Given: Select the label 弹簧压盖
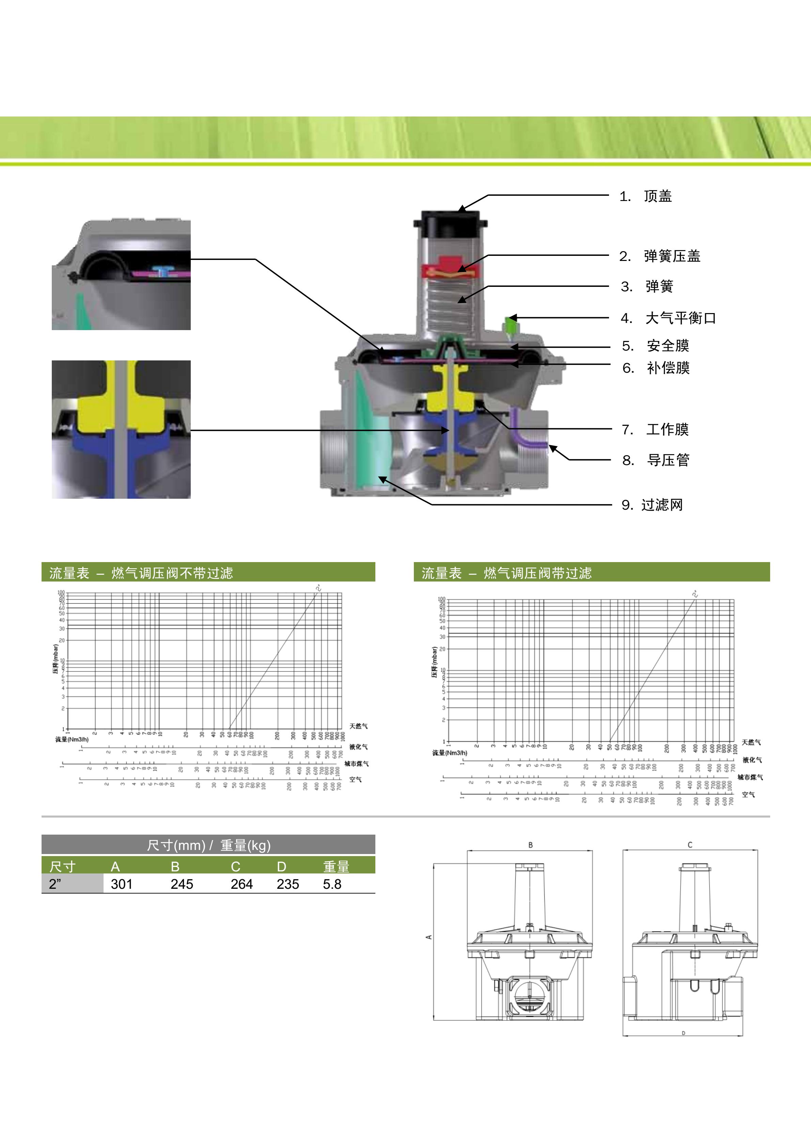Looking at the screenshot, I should [x=672, y=256].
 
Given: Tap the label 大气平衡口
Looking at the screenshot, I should [x=680, y=318].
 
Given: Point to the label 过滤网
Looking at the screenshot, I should [x=662, y=505].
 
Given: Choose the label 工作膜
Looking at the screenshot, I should [x=667, y=430].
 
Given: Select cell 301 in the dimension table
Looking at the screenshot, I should [x=121, y=884].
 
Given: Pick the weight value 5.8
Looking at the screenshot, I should [x=332, y=884].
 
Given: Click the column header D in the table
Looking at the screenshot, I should [x=282, y=867].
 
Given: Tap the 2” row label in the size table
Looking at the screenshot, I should [x=55, y=884].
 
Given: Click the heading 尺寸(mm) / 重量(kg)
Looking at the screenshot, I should [x=208, y=845].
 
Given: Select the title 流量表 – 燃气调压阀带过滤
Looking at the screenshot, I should [x=506, y=573].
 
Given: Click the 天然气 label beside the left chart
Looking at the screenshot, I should [x=359, y=726].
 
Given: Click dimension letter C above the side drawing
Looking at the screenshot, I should [x=690, y=845].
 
